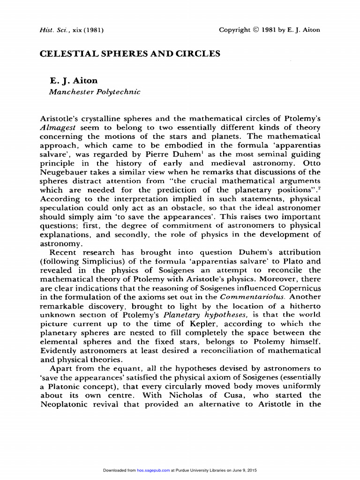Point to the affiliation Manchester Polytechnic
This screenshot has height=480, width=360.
[x=95, y=92]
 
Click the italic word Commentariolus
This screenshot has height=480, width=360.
[x=253, y=297]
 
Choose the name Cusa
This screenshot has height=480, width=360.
[x=225, y=395]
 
